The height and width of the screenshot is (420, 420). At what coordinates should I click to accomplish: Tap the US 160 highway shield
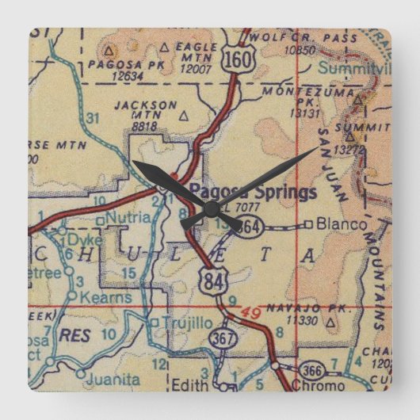(x=235, y=57)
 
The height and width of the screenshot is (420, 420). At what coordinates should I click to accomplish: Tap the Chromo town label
(x=317, y=386)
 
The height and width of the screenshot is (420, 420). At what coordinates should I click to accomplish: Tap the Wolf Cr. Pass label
(x=283, y=37)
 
